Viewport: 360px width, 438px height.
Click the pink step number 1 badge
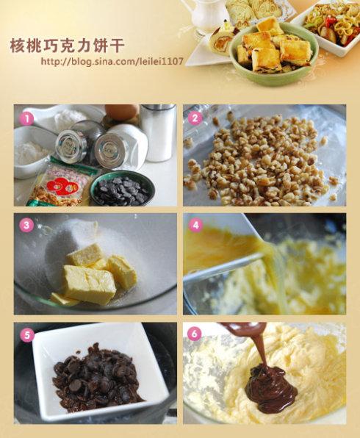pyautogui.click(x=26, y=118)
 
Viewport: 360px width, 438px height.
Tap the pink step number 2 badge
pyautogui.click(x=195, y=118)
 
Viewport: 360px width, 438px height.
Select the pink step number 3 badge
pyautogui.click(x=26, y=225)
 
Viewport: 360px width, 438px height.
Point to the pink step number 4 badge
pyautogui.click(x=195, y=225)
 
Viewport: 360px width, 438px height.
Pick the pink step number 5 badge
pyautogui.click(x=26, y=334)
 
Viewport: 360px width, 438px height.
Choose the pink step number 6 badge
pyautogui.click(x=195, y=334)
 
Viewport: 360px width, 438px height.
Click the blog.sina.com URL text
pyautogui.click(x=112, y=61)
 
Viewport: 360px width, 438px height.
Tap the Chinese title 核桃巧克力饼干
pyautogui.click(x=68, y=45)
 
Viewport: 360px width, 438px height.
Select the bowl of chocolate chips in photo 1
pyautogui.click(x=123, y=189)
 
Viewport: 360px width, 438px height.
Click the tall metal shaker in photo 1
pyautogui.click(x=158, y=133)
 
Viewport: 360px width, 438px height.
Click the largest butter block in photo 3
pyautogui.click(x=89, y=284)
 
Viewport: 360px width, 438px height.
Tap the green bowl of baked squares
pyautogui.click(x=274, y=54)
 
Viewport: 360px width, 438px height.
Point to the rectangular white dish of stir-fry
pyautogui.click(x=328, y=26)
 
